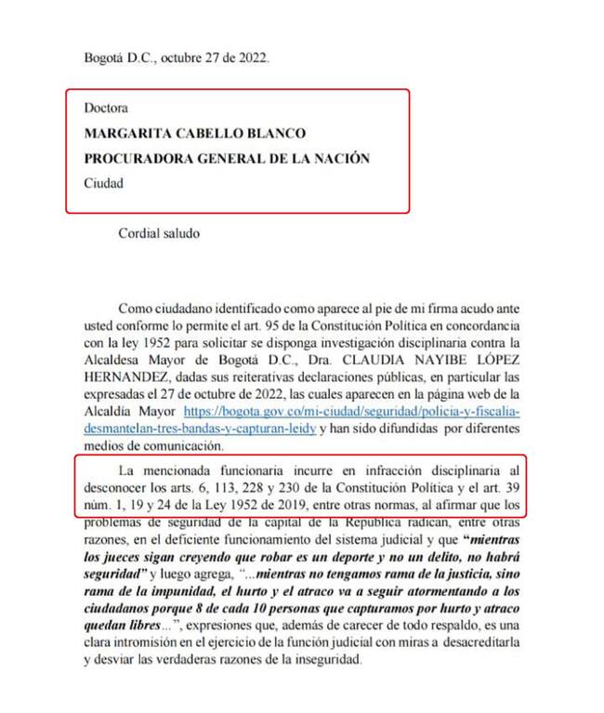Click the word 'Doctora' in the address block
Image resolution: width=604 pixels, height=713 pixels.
(x=105, y=109)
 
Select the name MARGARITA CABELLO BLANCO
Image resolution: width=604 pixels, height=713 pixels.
(x=194, y=134)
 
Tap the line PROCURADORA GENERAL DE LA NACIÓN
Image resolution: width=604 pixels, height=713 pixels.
(x=227, y=159)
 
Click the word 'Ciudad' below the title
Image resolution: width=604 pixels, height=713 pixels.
(x=103, y=183)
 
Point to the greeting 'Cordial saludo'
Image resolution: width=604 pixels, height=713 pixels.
(x=159, y=233)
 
